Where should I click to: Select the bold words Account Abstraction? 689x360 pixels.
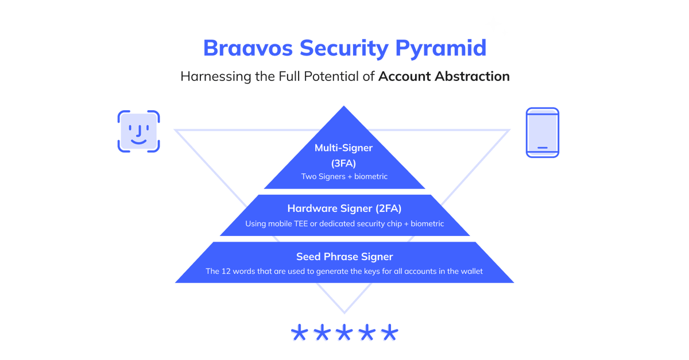pos(444,76)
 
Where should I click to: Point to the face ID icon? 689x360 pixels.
pos(138,131)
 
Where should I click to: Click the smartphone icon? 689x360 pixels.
pos(543,132)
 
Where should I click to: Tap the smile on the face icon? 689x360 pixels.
pos(138,140)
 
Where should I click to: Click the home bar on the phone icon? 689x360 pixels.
pos(543,148)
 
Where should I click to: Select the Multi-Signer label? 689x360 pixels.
pos(344,148)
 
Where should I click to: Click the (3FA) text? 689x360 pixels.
pos(344,163)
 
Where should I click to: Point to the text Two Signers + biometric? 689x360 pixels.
pos(344,176)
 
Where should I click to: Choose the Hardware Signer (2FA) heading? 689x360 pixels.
pos(344,208)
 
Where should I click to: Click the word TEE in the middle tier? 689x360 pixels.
pos(307,223)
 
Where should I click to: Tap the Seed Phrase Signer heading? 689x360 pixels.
pos(344,257)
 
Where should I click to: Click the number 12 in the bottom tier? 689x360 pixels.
pos(227,271)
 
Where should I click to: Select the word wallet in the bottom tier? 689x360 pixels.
pos(470,271)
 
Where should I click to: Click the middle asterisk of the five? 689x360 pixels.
pos(344,332)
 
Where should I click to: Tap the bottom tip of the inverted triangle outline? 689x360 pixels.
pos(344,312)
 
